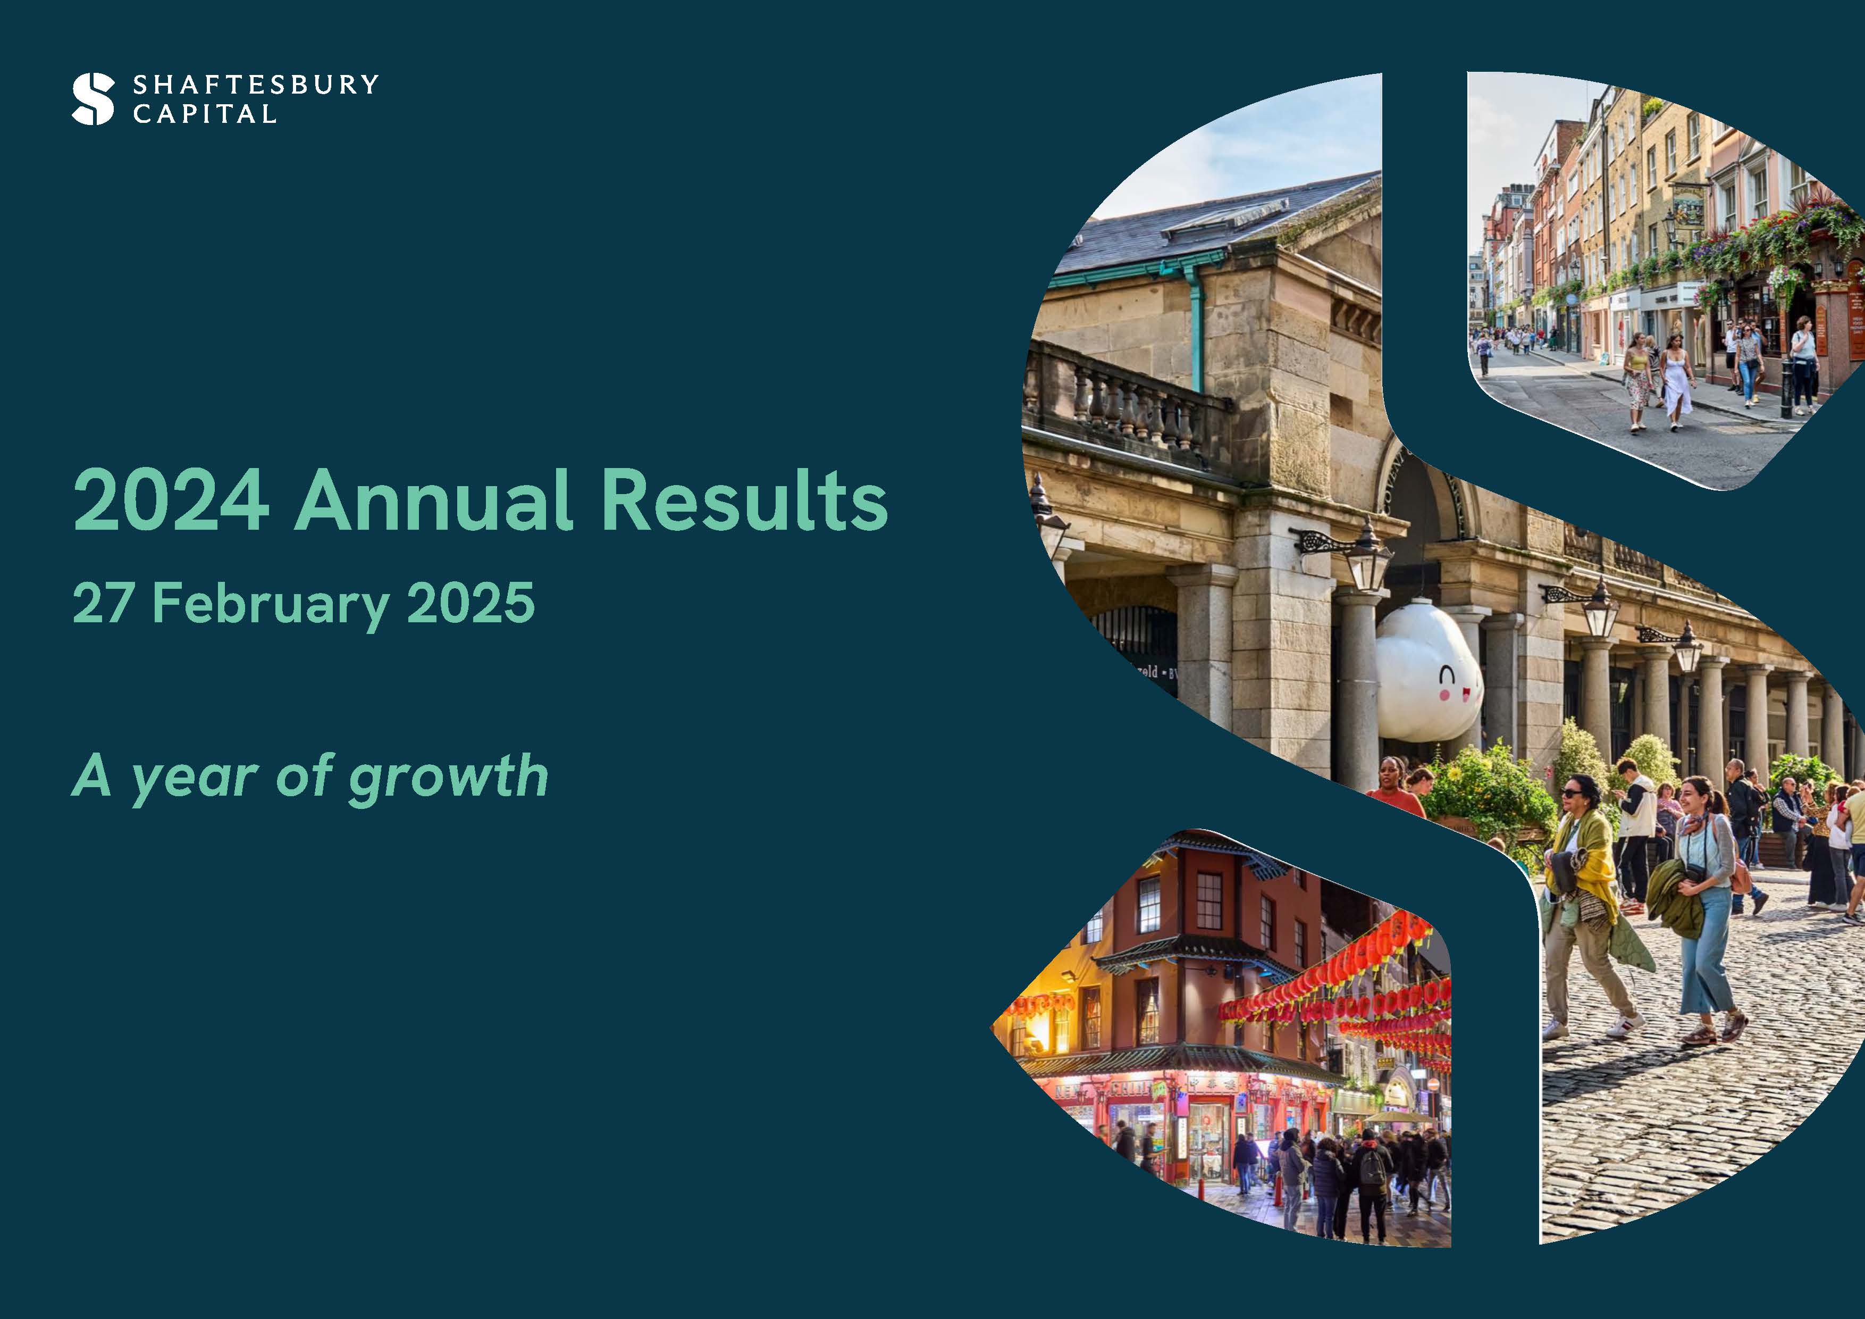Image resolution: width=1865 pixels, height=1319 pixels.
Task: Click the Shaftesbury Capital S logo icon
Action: tap(94, 99)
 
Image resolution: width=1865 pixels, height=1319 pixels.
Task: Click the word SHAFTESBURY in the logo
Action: tap(256, 85)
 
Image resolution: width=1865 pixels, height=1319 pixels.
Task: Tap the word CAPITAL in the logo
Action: tap(205, 114)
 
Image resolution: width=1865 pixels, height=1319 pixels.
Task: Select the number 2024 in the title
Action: tap(171, 500)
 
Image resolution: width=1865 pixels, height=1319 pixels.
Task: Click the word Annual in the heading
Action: tap(434, 500)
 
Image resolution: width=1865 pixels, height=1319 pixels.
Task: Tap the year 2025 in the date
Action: tap(471, 603)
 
